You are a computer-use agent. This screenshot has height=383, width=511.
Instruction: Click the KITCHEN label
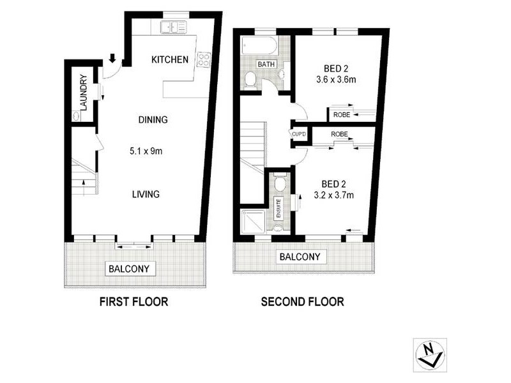[169, 60]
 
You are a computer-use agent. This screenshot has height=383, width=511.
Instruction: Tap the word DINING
[153, 119]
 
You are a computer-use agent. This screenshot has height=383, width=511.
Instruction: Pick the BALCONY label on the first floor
[130, 269]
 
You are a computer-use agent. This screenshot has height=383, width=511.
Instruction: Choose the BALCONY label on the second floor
[300, 257]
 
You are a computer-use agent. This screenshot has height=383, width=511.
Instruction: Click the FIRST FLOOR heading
[133, 301]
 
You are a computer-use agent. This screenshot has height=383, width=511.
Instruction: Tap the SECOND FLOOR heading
[302, 301]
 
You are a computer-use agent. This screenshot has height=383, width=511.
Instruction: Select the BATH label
[266, 64]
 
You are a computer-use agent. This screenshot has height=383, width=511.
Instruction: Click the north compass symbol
[429, 354]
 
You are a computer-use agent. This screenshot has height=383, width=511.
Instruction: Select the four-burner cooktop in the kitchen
[204, 60]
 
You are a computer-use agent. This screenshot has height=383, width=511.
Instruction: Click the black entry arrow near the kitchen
[113, 59]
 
